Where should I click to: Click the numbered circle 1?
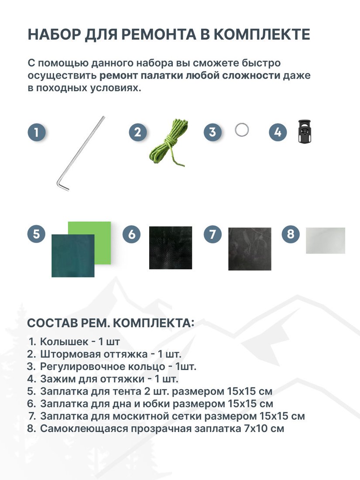point(37,132)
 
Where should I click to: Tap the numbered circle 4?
point(278,132)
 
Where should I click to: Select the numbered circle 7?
point(213,234)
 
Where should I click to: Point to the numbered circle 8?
point(291,234)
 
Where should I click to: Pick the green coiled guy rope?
point(169,143)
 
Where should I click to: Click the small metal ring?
point(242,130)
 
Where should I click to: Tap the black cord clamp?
point(305,131)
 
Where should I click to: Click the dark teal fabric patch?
point(73,256)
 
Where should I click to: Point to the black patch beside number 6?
point(171,248)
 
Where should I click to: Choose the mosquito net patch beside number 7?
point(250,249)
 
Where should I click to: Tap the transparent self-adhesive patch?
point(326,240)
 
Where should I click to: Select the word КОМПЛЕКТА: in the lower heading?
point(154,323)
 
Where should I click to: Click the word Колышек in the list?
point(64,341)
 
